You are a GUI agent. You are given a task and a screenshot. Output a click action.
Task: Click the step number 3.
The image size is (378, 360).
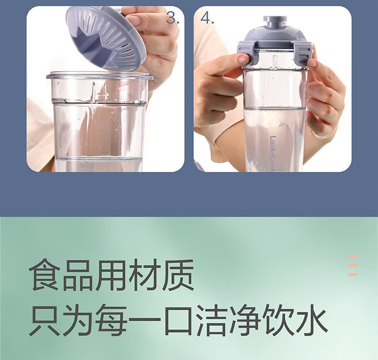[x=173, y=18]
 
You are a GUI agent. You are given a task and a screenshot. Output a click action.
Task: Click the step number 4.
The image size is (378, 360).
[x=207, y=18]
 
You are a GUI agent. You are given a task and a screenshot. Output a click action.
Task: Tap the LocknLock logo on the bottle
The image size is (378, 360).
[x=273, y=154]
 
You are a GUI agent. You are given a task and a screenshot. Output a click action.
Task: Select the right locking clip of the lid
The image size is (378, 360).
[x=303, y=54]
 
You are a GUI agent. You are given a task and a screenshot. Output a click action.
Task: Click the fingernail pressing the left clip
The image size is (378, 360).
[x=243, y=58]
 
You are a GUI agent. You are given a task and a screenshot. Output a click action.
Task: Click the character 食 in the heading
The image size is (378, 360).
[x=44, y=275]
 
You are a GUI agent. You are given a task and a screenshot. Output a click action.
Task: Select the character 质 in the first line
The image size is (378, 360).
[x=178, y=275]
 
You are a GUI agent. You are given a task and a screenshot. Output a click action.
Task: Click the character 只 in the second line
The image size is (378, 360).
[x=44, y=320]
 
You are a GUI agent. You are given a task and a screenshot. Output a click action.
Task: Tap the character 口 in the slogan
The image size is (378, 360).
[x=178, y=321]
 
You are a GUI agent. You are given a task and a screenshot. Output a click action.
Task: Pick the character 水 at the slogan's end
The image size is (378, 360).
[x=311, y=320]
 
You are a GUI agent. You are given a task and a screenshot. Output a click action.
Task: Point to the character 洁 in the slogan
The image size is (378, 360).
[x=211, y=320]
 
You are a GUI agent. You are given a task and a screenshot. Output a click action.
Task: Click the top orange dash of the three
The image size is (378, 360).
[x=353, y=257]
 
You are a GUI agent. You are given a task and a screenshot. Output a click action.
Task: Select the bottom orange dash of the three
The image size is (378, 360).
[x=353, y=274]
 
